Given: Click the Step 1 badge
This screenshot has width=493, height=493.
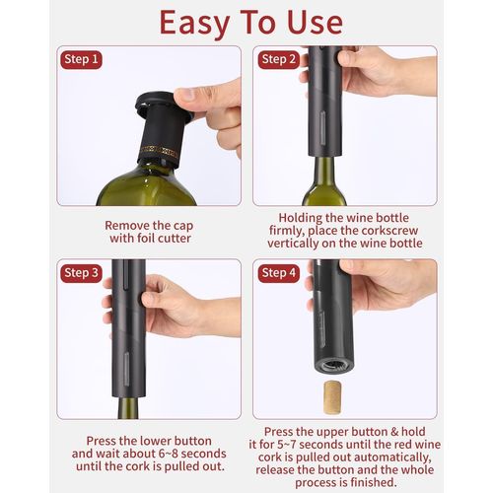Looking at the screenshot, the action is point(81,59).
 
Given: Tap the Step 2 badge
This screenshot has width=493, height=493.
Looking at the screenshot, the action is point(279,59).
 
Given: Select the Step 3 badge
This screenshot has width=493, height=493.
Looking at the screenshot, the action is point(81,273).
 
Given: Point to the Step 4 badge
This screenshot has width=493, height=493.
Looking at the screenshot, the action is point(279,273).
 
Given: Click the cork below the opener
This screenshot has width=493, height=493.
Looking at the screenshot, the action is point(333,396).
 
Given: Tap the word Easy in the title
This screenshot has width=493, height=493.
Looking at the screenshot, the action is point(194,23).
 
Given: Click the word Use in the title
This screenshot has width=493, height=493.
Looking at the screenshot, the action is point(315,23).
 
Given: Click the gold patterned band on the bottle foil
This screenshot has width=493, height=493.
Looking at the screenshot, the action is point(160,152).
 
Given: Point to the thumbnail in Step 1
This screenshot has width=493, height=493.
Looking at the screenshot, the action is point(185,95).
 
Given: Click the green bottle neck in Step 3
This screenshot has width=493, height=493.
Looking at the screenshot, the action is point(128,407).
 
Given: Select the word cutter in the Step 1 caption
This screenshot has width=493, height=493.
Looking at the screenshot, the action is point(174,239).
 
